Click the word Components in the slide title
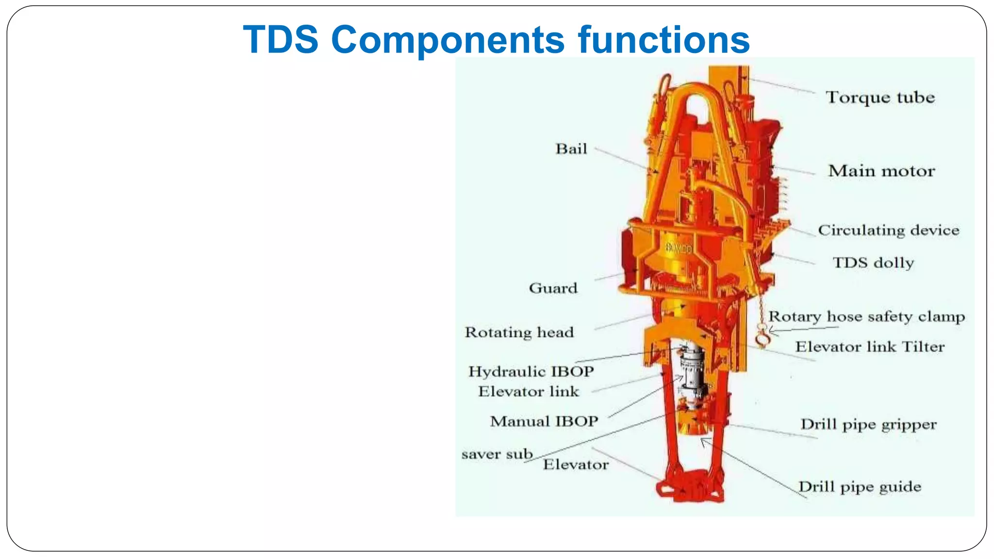[447, 40]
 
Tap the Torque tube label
[880, 98]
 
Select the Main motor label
[881, 171]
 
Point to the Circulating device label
[888, 230]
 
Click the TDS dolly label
[873, 263]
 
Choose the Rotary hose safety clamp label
[866, 317]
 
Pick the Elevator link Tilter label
[869, 347]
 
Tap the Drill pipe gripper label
[868, 425]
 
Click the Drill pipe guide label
[860, 487]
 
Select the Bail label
[571, 149]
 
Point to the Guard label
[553, 288]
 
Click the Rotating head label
[519, 332]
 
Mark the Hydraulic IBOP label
[531, 372]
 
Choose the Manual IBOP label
[544, 421]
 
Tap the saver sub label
[497, 455]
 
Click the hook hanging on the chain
[762, 338]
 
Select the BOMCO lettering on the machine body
[678, 249]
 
